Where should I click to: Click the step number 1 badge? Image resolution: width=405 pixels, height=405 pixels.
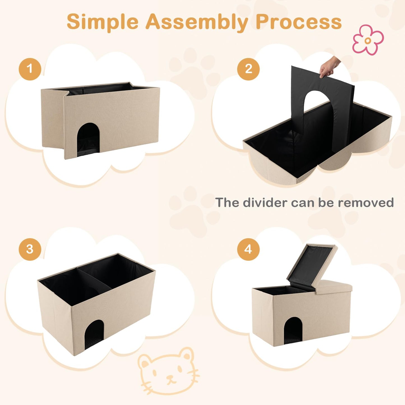[30, 69]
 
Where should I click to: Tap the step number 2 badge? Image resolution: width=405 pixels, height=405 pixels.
[248, 69]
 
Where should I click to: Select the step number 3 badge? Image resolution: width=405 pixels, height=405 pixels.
[30, 249]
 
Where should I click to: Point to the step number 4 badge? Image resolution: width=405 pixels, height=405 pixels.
[248, 249]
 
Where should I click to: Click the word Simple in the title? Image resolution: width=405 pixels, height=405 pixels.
[103, 22]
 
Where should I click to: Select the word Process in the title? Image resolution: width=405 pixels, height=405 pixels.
[299, 22]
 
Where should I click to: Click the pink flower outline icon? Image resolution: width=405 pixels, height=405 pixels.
[368, 40]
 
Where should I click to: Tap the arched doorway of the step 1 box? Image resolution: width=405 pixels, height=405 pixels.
[88, 140]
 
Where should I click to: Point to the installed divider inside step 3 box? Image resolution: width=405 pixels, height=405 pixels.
[94, 279]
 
